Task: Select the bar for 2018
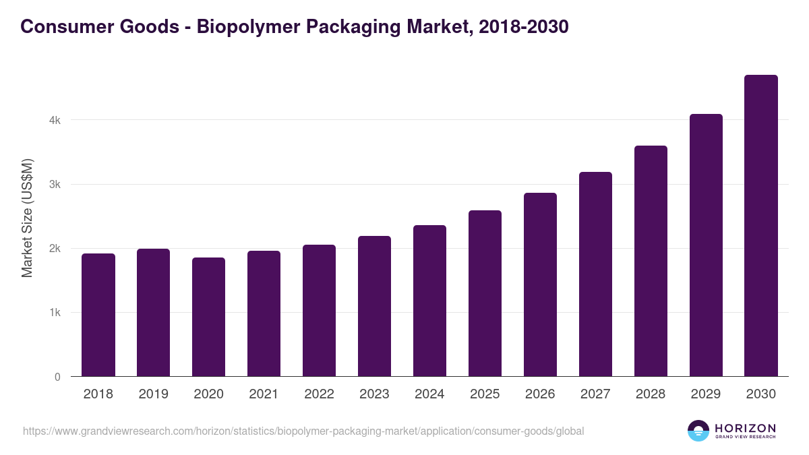pos(98,315)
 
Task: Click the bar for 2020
pos(209,317)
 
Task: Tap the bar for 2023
pos(374,306)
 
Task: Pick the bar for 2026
pos(540,284)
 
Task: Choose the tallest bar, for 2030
pos(761,226)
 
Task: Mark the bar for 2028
pos(651,261)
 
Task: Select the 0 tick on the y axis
pos(57,377)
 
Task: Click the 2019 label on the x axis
pos(153,394)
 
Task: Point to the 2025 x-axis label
pos(485,394)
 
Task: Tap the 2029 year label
pos(706,394)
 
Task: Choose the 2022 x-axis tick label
pos(319,394)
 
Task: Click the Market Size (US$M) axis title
pos(27,218)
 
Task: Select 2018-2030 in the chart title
pos(522,26)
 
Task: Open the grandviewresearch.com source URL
pos(303,431)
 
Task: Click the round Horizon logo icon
pos(698,431)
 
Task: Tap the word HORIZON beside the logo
pos(745,428)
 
